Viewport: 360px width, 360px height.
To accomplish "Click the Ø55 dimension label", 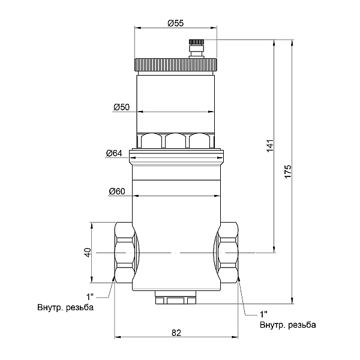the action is click(176, 23).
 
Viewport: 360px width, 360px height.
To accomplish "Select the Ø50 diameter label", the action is click(122, 107).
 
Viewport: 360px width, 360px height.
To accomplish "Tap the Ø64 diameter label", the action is click(114, 153).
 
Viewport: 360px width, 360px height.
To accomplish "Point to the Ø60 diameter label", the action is click(117, 191).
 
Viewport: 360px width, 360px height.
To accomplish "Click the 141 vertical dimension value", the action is click(270, 145).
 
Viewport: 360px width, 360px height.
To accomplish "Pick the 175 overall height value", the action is click(287, 171).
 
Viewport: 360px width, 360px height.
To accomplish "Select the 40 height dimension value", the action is click(88, 253).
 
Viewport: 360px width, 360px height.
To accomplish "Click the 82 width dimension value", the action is click(176, 332).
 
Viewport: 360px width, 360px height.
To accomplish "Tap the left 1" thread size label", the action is click(90, 297).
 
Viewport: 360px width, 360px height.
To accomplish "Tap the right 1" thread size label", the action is click(263, 314).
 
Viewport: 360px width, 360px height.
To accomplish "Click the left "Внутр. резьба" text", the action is click(65, 307).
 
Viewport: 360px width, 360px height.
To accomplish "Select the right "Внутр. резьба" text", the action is click(288, 325).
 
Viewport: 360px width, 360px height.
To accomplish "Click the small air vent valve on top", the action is click(196, 49).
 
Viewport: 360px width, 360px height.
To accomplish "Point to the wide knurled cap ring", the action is click(176, 65).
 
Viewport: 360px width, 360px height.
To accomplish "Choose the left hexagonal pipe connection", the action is click(124, 253).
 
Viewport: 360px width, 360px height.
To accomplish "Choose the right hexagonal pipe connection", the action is click(228, 253).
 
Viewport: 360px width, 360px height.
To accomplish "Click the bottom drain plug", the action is click(176, 298).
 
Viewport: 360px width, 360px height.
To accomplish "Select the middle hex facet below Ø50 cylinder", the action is click(175, 140).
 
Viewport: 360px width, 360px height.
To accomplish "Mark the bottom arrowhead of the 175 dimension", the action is click(292, 301).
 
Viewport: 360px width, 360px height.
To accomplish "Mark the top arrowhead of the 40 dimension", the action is click(91, 226).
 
